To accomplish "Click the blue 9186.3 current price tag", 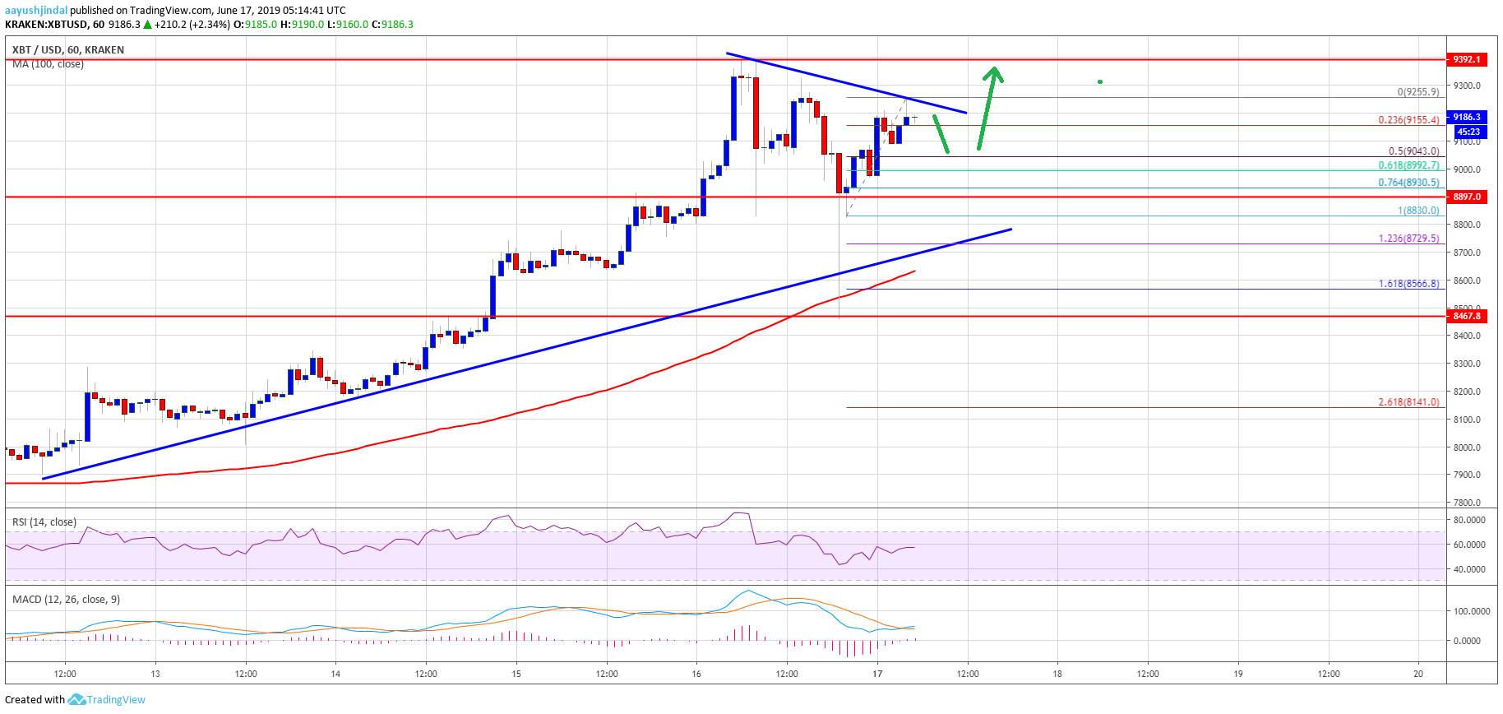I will [x=1467, y=117].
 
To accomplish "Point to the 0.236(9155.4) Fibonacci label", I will [x=1408, y=120].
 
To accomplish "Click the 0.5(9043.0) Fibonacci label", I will [x=1413, y=151].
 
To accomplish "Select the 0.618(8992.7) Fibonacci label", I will [x=1408, y=165].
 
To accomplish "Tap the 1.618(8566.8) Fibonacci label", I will [x=1408, y=284].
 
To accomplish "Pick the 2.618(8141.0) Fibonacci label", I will [x=1408, y=402].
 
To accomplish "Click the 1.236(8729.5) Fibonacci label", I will [x=1408, y=239].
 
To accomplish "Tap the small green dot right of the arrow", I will [x=1100, y=81].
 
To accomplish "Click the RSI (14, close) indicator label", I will [x=44, y=522].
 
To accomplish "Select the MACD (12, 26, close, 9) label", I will [x=66, y=600].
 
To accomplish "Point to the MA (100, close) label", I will [x=48, y=64].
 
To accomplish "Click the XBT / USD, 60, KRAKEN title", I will [x=68, y=50].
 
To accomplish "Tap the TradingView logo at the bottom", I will [x=107, y=700].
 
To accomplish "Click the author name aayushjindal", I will [x=36, y=11].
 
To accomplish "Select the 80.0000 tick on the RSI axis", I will [x=1469, y=520].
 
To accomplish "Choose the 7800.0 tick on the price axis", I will [x=1467, y=503].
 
